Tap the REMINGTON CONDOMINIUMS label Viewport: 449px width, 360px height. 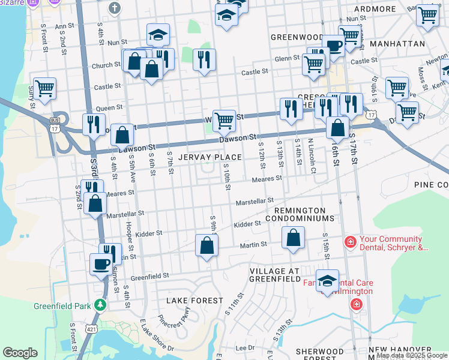click(300, 215)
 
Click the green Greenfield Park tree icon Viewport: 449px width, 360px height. click(101, 305)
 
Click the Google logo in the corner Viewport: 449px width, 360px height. click(20, 353)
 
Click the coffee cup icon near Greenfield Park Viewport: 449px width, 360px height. click(100, 263)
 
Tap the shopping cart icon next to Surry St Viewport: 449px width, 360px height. click(44, 89)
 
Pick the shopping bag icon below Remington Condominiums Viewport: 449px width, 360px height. click(292, 238)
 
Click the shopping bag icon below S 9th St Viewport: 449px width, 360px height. click(206, 245)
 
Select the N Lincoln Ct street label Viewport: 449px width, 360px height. click(312, 157)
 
